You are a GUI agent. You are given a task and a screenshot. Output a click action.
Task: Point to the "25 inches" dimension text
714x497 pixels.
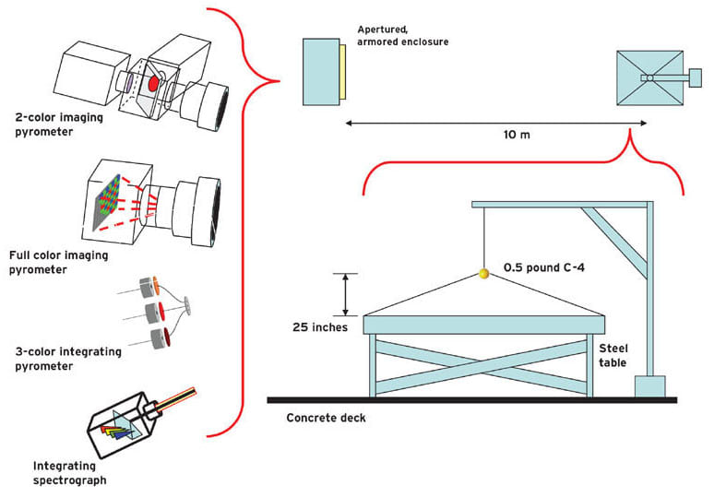pos(318,326)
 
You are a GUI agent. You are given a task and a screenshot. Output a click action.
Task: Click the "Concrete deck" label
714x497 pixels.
pos(326,418)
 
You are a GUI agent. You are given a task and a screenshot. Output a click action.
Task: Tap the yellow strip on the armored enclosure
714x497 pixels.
pos(343,70)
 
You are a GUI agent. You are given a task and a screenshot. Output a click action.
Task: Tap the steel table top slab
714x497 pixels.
pos(486,325)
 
